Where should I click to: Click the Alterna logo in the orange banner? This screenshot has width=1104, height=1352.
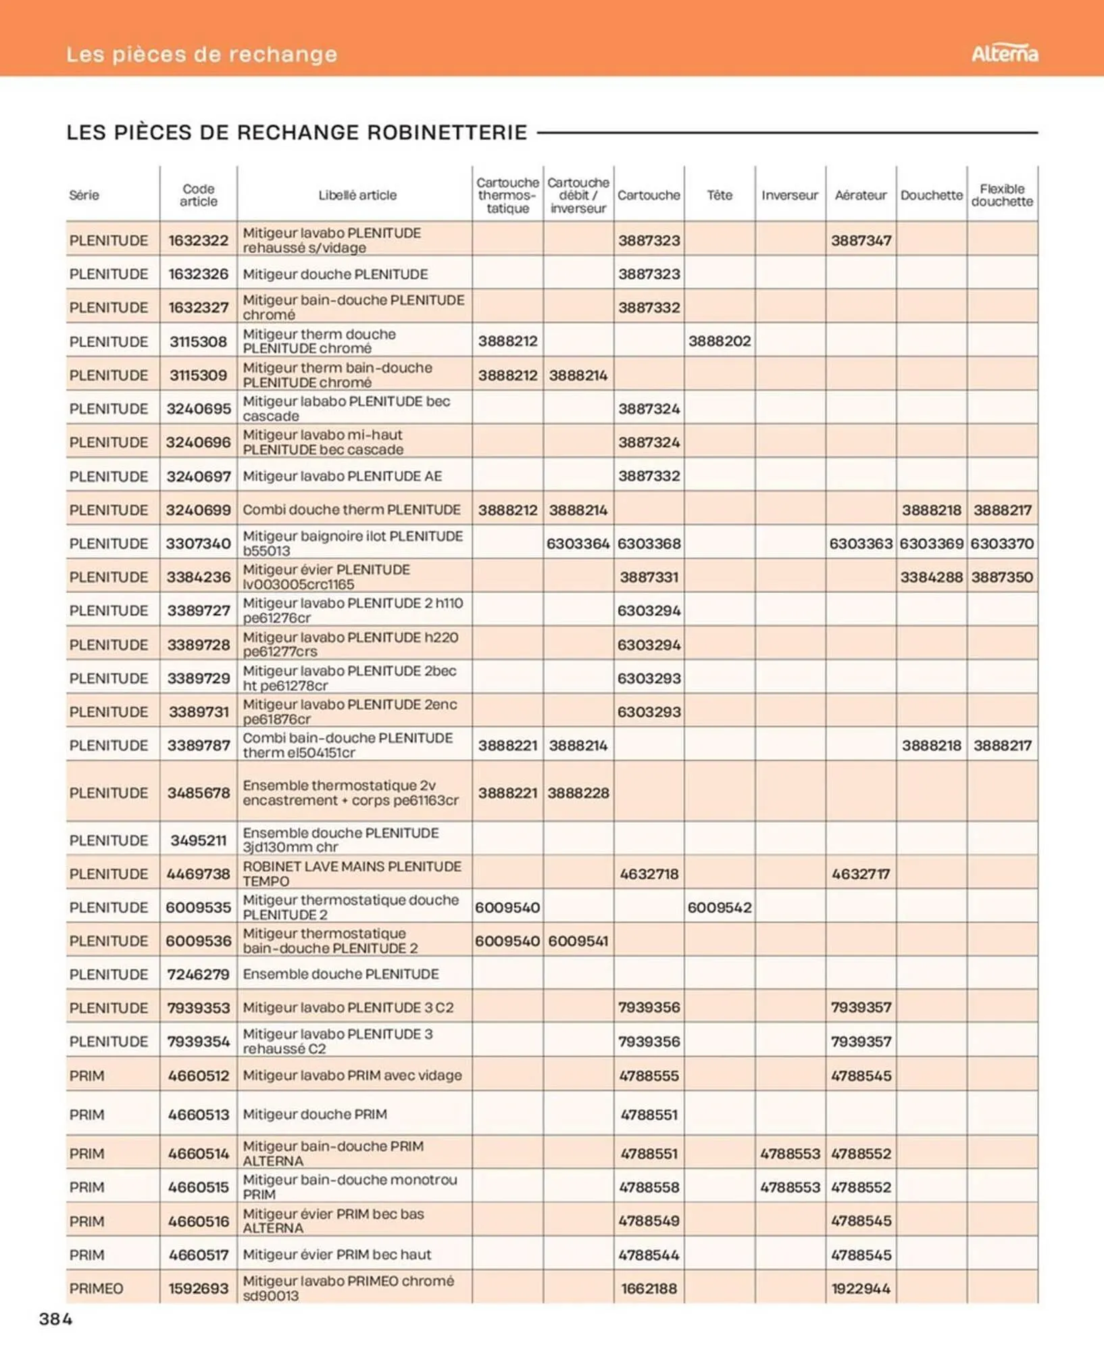pos(1004,53)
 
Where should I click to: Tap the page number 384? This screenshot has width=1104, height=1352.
pos(55,1319)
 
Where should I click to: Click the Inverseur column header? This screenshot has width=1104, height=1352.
pos(789,195)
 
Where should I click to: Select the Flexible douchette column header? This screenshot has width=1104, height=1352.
pos(1001,195)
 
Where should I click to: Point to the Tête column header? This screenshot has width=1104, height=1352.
pos(719,195)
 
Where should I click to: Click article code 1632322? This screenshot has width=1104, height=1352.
pos(198,241)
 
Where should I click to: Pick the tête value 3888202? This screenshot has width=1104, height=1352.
pos(719,341)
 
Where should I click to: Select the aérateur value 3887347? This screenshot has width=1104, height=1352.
pos(860,241)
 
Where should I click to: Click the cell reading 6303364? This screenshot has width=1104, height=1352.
pos(578,544)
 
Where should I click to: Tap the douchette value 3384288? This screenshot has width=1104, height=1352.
pos(931,577)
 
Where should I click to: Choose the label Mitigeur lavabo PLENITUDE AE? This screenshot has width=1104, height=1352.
pos(342,477)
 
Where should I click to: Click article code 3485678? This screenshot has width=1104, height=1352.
pos(198,793)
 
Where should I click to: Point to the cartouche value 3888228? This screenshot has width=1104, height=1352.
pos(578,793)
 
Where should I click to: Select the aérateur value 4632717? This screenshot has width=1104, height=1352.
pos(860,874)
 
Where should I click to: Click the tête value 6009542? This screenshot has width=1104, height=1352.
pos(719,908)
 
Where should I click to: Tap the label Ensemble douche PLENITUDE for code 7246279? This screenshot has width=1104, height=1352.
pos(341,974)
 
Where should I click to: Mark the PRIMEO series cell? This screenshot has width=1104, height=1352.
pos(96,1288)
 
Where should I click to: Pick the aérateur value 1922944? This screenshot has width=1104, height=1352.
pos(860,1288)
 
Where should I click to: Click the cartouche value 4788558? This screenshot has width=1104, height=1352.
pos(648,1187)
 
